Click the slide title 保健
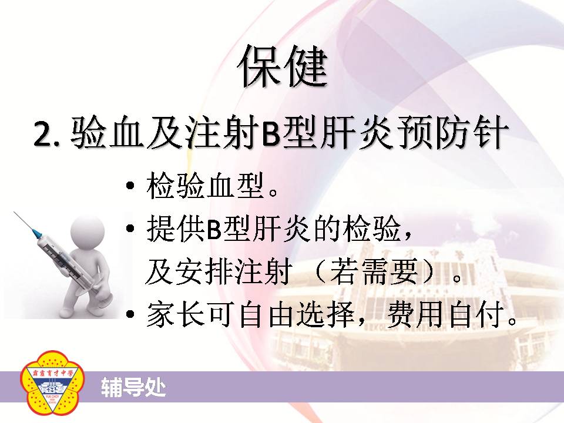coord(283,66)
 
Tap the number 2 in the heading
coord(42,134)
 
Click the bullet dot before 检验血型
coord(130,186)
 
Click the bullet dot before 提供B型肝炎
coord(130,228)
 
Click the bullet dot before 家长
coord(130,314)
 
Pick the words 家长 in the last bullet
coord(176,314)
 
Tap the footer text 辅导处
coord(133,387)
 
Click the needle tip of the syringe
coord(14,212)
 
